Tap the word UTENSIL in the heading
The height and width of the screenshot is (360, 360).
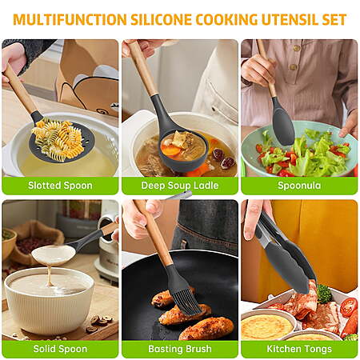(x=290, y=19)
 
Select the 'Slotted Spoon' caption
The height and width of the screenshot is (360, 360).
(x=60, y=186)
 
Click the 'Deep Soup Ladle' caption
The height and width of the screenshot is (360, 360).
(x=180, y=186)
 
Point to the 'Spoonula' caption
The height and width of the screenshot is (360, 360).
(x=299, y=186)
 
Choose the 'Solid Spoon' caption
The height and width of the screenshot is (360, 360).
(x=60, y=349)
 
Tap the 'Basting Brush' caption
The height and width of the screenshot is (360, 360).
(x=180, y=349)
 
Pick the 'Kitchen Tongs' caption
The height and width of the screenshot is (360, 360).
(x=299, y=349)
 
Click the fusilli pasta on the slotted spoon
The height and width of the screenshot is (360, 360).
(x=58, y=140)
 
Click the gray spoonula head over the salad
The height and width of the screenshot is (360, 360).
(x=283, y=126)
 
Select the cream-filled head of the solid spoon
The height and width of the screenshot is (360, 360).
(x=54, y=255)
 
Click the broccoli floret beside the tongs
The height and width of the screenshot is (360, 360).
(x=324, y=294)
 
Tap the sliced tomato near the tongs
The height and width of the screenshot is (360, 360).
(x=348, y=307)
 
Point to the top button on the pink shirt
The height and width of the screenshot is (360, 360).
(x=296, y=48)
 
